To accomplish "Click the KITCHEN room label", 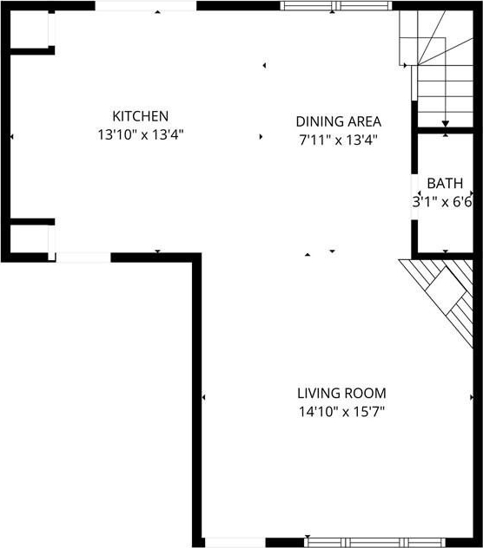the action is (140, 116).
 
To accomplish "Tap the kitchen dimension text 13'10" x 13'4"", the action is (141, 134).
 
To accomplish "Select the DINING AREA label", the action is (338, 121).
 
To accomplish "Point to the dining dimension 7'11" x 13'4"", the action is (338, 140).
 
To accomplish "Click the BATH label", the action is (445, 183).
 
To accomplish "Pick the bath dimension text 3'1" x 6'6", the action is (442, 202).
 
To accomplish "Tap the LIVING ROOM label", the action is (341, 393).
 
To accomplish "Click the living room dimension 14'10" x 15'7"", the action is (341, 412).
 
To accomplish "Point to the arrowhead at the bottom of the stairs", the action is (445, 124).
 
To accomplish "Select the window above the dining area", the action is (336, 5).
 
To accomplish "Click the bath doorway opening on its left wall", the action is (414, 197).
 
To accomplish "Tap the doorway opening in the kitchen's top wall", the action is (146, 5).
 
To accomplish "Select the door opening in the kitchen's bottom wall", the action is (83, 258).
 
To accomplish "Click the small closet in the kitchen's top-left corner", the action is (30, 29).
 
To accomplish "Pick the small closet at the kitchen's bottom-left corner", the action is (30, 238).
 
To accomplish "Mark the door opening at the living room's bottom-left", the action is (235, 543).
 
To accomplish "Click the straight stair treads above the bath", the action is (446, 95).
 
